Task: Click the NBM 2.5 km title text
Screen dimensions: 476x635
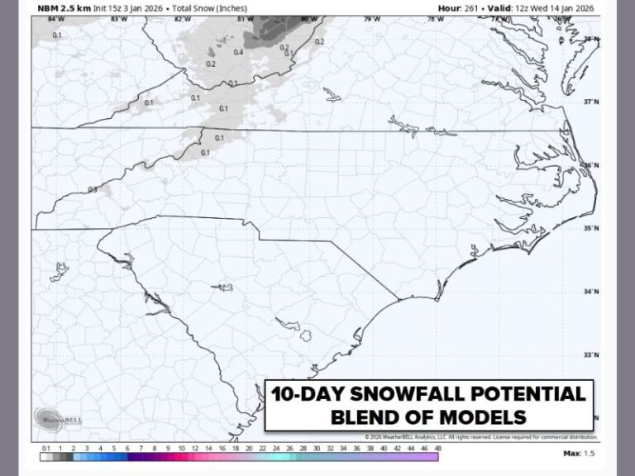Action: coord(62,8)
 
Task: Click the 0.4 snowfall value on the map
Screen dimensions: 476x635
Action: coord(238,52)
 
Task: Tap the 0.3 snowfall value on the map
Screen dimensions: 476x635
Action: coord(93,189)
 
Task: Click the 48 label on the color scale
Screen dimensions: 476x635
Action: coord(437,447)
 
